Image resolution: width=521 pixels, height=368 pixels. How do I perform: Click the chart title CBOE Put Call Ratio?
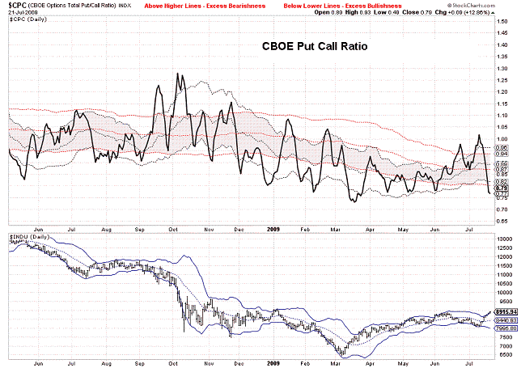tap(315, 47)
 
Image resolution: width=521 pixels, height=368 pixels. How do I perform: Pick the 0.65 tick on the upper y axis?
tap(502, 221)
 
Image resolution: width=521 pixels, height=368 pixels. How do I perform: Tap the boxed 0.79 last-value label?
tap(502, 188)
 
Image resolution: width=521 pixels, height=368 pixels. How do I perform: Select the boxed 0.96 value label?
tap(502, 149)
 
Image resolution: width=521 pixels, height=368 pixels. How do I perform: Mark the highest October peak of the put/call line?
tap(176, 74)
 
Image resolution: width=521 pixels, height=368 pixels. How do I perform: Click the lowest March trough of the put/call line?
tap(353, 201)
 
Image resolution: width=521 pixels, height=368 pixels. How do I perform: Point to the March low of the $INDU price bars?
tap(342, 356)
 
